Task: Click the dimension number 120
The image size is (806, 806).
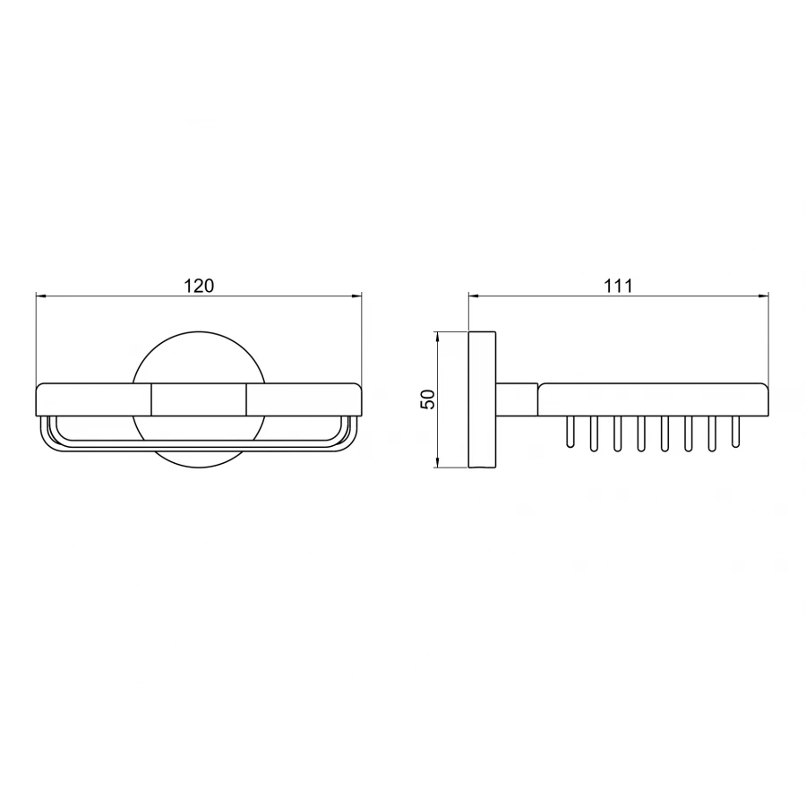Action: [199, 286]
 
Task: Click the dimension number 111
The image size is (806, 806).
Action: [618, 286]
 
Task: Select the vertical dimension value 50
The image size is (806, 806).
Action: [428, 399]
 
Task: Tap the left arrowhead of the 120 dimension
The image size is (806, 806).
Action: [41, 296]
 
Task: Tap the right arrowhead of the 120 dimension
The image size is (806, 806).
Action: [356, 296]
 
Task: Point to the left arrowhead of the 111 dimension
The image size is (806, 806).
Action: [475, 296]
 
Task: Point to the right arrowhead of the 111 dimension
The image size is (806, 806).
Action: [763, 296]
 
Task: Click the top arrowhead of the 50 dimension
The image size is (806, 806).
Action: [437, 338]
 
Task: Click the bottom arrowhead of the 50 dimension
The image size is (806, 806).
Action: [437, 461]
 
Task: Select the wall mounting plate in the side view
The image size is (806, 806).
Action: [482, 399]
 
